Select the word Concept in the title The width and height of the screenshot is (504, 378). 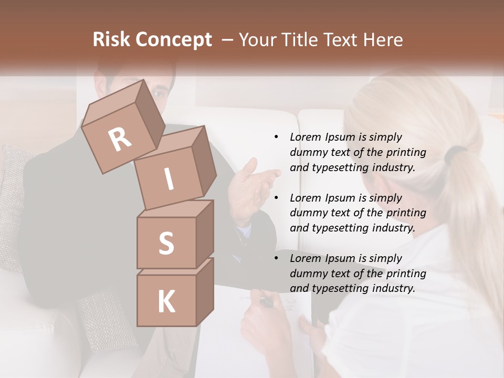click(174, 40)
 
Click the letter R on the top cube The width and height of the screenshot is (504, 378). click(120, 139)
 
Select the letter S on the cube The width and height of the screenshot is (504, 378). click(166, 243)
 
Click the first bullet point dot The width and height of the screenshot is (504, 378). click(276, 137)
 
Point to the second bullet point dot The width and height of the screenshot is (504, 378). click(276, 198)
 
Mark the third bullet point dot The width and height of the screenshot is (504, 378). click(276, 258)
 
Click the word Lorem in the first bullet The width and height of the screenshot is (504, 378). click(306, 137)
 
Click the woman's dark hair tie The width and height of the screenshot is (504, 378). click(455, 153)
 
